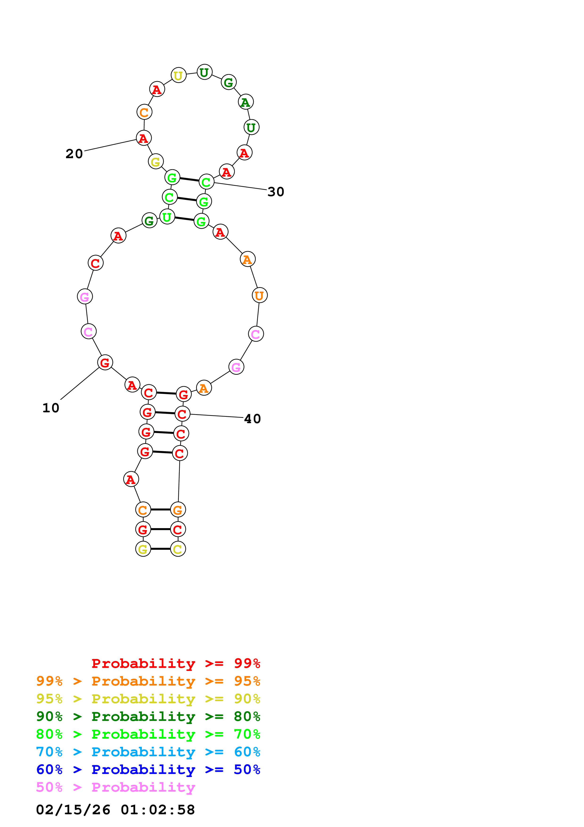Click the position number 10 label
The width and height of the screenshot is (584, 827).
coord(51,408)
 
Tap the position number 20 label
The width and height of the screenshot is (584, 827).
coord(74,154)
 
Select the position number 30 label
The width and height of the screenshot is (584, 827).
coord(276,192)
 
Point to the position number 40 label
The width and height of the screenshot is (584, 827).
coord(252,419)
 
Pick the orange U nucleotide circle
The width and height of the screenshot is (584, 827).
coord(259,295)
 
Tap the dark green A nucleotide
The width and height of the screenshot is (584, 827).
coord(246,102)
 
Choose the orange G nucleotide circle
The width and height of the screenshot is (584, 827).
coord(178,510)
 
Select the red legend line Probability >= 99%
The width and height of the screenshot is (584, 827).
coord(176,663)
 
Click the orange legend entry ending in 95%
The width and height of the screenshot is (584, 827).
coord(148,681)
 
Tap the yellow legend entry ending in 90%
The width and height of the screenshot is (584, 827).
coord(148,699)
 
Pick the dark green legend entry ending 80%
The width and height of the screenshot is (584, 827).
coord(148,716)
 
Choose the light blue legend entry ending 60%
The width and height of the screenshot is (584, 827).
coord(148,752)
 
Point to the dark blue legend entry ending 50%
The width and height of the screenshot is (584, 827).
coord(148,769)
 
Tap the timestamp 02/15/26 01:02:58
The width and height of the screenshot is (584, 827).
coord(115,810)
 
